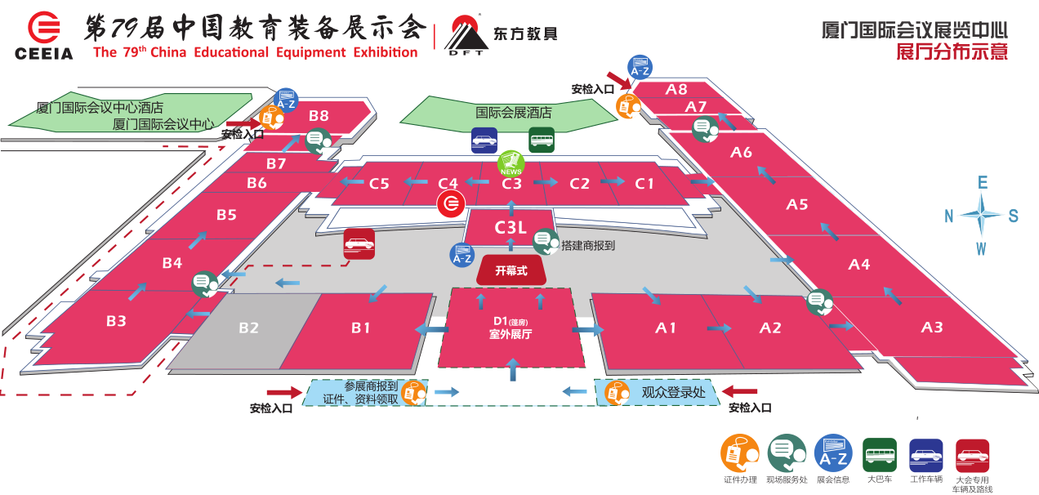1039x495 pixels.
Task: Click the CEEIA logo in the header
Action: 43,37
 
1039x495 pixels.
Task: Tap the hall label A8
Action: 676,89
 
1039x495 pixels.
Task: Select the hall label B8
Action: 319,116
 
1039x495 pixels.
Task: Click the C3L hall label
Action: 511,228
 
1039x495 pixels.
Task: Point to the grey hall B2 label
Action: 248,328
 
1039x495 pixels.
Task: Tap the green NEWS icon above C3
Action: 511,163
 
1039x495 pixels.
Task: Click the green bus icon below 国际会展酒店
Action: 541,140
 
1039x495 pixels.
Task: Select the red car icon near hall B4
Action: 359,243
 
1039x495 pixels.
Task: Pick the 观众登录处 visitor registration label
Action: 672,393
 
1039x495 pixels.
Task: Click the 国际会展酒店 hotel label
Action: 514,113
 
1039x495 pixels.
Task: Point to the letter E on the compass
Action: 983,182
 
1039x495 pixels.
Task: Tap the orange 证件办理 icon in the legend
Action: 739,453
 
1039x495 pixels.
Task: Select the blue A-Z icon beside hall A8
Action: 640,67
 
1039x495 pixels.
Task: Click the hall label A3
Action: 931,328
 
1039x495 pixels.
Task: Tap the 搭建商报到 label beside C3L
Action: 588,244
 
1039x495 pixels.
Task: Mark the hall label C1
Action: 644,184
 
